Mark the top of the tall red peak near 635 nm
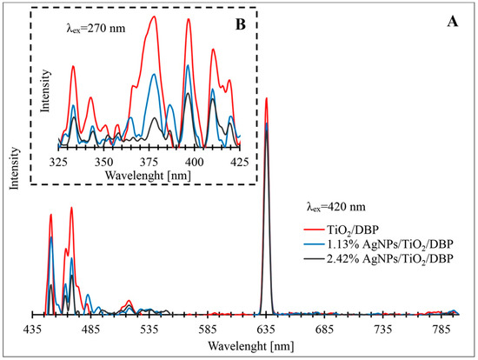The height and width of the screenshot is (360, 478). click(x=266, y=98)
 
